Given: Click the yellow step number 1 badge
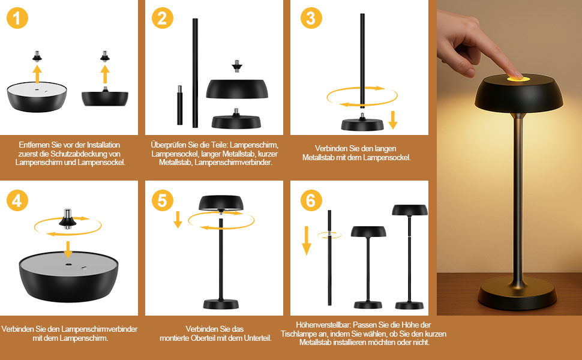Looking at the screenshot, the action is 17,18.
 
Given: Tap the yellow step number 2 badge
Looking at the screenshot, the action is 163,18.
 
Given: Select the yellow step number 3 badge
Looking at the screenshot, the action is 311,18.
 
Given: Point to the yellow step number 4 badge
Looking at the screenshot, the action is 17,200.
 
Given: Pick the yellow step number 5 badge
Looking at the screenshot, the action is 163,200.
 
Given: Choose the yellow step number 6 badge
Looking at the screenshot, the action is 311,200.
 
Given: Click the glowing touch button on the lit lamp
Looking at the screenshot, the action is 517,79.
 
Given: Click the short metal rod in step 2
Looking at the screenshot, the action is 179,105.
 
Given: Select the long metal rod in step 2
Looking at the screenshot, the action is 195,73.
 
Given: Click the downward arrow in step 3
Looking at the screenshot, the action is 393,120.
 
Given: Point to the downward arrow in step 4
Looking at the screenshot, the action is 68,250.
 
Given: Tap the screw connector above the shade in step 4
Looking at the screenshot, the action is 68,218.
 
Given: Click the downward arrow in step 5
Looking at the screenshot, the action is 178,220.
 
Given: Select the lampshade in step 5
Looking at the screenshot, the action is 221,203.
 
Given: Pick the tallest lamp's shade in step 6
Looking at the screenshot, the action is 410,210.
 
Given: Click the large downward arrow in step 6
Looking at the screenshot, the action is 307,241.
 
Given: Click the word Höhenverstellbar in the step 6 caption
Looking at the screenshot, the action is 323,325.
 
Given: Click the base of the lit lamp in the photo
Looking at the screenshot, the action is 517,290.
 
